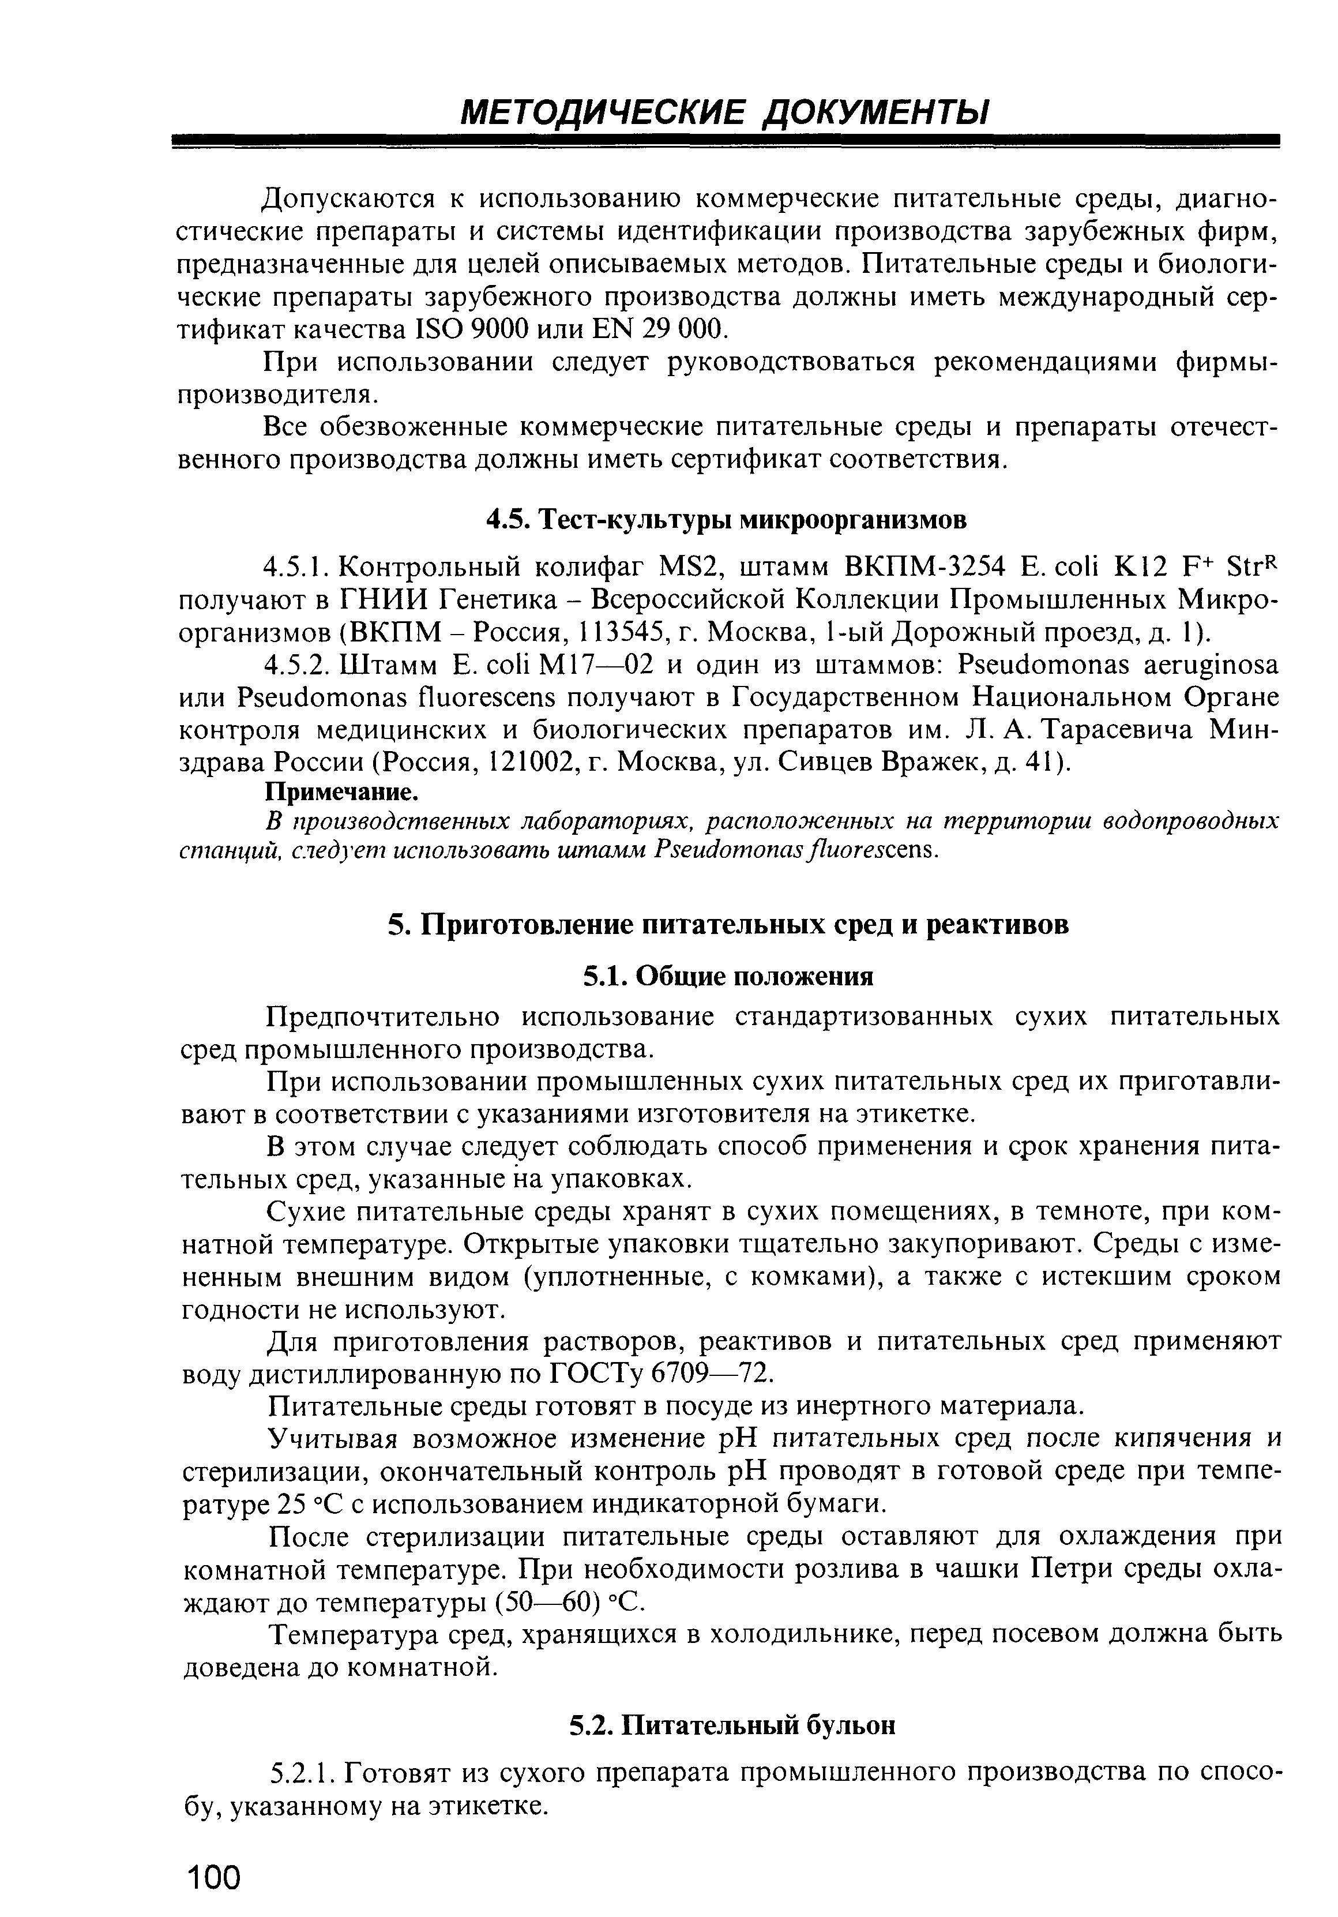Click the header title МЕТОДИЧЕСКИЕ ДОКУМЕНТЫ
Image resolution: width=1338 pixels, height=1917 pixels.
point(724,112)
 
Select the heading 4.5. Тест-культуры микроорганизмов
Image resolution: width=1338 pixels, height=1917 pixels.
point(726,519)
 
